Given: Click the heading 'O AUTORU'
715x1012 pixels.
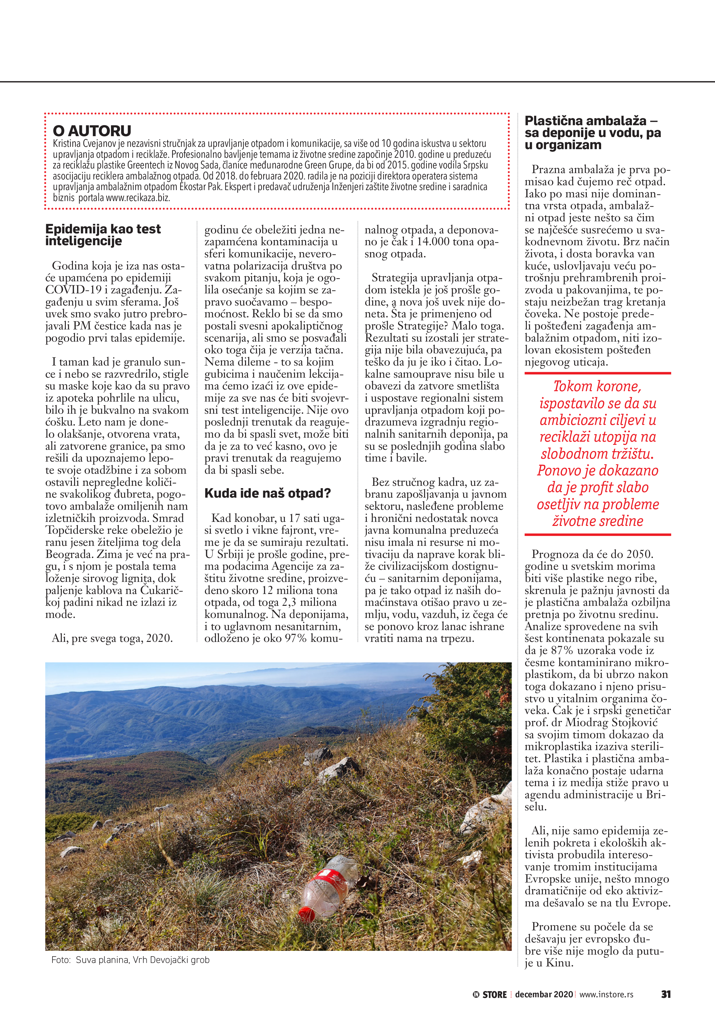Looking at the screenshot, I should (92, 131).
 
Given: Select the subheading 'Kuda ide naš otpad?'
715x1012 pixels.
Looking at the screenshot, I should (268, 493).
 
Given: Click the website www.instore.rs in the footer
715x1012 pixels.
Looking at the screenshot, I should (606, 994).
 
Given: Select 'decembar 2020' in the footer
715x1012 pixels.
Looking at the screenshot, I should (544, 994).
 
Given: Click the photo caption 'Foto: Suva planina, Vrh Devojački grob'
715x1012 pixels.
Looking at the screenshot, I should (130, 959).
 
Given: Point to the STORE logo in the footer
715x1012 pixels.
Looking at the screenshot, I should (490, 994).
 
